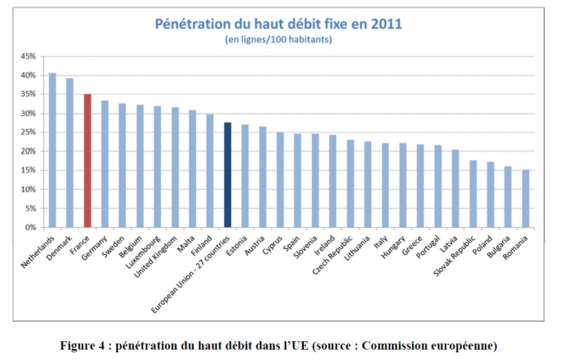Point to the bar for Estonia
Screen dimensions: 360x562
[245, 176]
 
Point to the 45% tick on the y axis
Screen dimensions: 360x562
[28, 57]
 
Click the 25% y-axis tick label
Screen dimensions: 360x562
[28, 132]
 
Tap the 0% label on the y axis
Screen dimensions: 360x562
[30, 227]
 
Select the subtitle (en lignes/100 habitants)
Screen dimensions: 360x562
[279, 40]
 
